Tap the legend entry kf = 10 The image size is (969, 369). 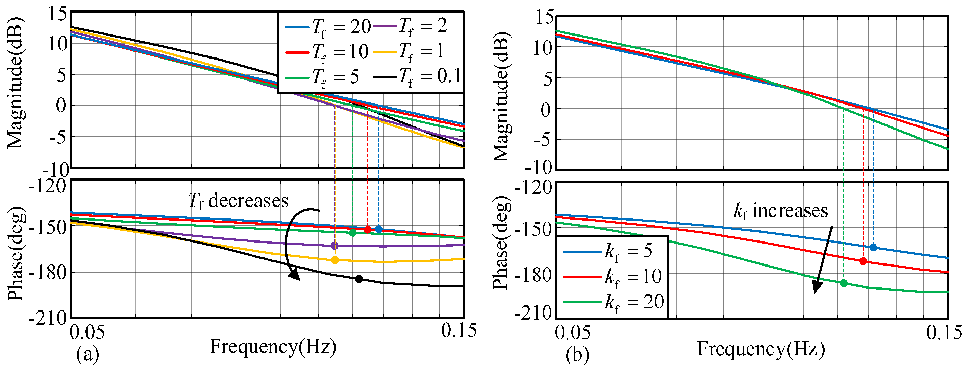[x=613, y=277]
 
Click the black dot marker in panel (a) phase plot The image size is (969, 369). [x=359, y=279]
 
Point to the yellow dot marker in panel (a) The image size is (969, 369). [x=335, y=260]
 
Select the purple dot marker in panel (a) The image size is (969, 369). [x=334, y=246]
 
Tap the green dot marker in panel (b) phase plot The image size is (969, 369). [x=844, y=283]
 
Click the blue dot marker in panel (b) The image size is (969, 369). [x=873, y=247]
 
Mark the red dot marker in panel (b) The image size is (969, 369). [x=863, y=261]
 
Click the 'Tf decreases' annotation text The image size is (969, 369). [x=238, y=201]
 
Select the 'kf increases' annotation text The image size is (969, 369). [x=780, y=211]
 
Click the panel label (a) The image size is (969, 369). [x=88, y=354]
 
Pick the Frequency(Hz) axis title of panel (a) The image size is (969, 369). [x=273, y=346]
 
